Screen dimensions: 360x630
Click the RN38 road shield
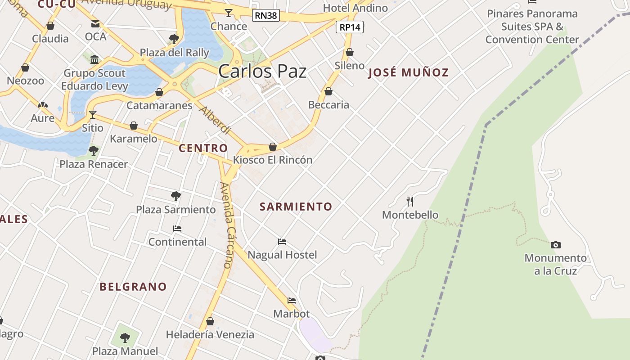pos(266,16)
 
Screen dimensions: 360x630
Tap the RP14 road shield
pos(350,27)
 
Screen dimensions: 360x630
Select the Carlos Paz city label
pos(263,71)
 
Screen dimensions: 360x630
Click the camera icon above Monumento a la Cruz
pos(556,245)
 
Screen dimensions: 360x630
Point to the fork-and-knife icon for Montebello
pos(410,201)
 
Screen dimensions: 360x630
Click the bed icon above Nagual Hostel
pos(282,242)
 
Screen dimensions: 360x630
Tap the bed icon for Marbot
pos(292,300)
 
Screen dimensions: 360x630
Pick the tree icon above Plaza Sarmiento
pos(176,196)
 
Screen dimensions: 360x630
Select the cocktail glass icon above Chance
pos(229,13)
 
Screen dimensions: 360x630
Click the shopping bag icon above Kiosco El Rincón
pos(272,147)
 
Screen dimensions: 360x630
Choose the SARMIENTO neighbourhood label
pos(296,207)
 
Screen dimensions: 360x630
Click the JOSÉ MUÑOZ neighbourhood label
pos(408,72)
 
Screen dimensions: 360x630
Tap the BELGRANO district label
pos(133,287)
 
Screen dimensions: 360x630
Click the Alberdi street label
pos(214,120)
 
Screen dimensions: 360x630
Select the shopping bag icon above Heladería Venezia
pos(210,321)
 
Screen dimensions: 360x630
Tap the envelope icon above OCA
pos(95,24)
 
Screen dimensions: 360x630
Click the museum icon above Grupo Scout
pos(94,60)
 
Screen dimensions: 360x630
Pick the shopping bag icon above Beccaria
pos(328,91)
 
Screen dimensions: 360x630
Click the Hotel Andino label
pos(355,8)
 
